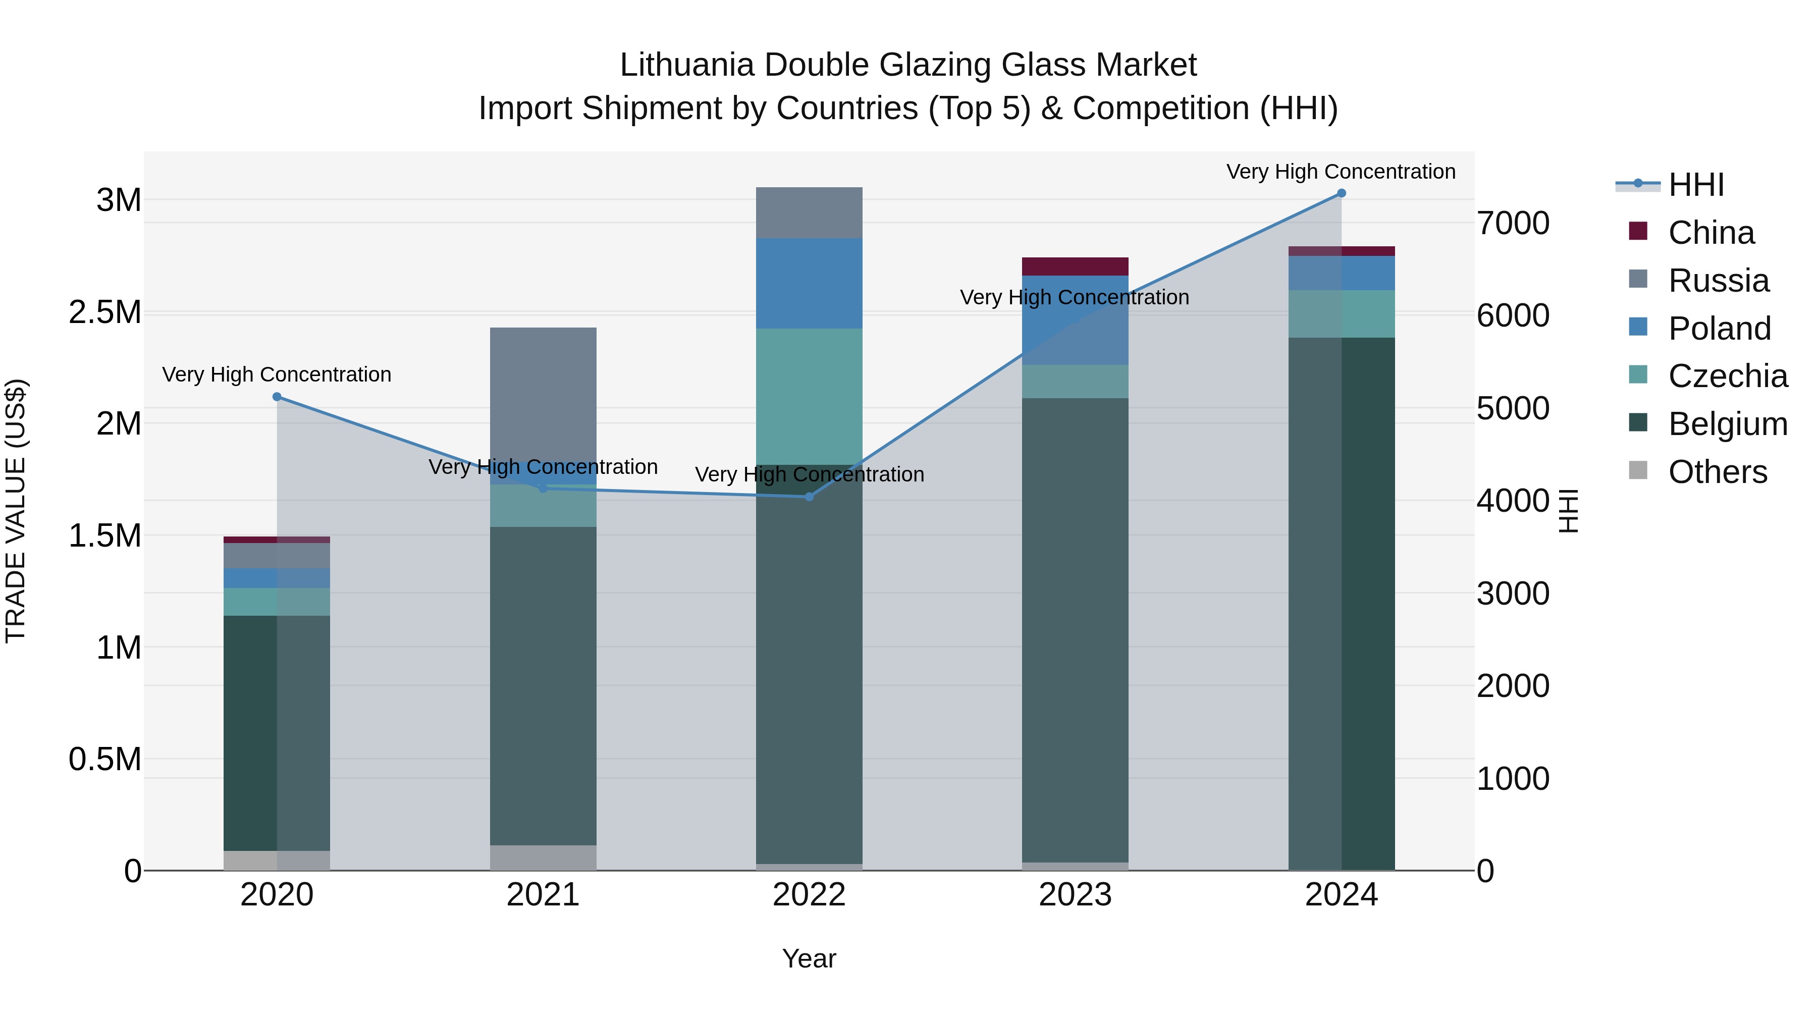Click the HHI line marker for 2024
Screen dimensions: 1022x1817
(1341, 193)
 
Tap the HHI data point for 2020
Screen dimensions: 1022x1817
(277, 397)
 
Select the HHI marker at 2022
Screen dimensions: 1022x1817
(809, 497)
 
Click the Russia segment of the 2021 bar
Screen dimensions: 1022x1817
(543, 395)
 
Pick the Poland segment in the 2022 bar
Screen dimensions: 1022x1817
(809, 284)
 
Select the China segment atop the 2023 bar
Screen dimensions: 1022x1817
(1075, 266)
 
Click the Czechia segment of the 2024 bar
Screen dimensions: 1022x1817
(1341, 314)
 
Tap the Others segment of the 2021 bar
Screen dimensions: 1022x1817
(543, 857)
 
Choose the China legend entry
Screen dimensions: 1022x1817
(1711, 233)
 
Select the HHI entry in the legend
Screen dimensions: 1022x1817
(1696, 185)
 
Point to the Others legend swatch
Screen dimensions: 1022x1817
(1638, 470)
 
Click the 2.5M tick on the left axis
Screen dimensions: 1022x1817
(106, 312)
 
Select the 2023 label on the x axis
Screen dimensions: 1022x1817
(1075, 895)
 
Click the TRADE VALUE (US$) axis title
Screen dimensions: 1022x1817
(16, 511)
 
